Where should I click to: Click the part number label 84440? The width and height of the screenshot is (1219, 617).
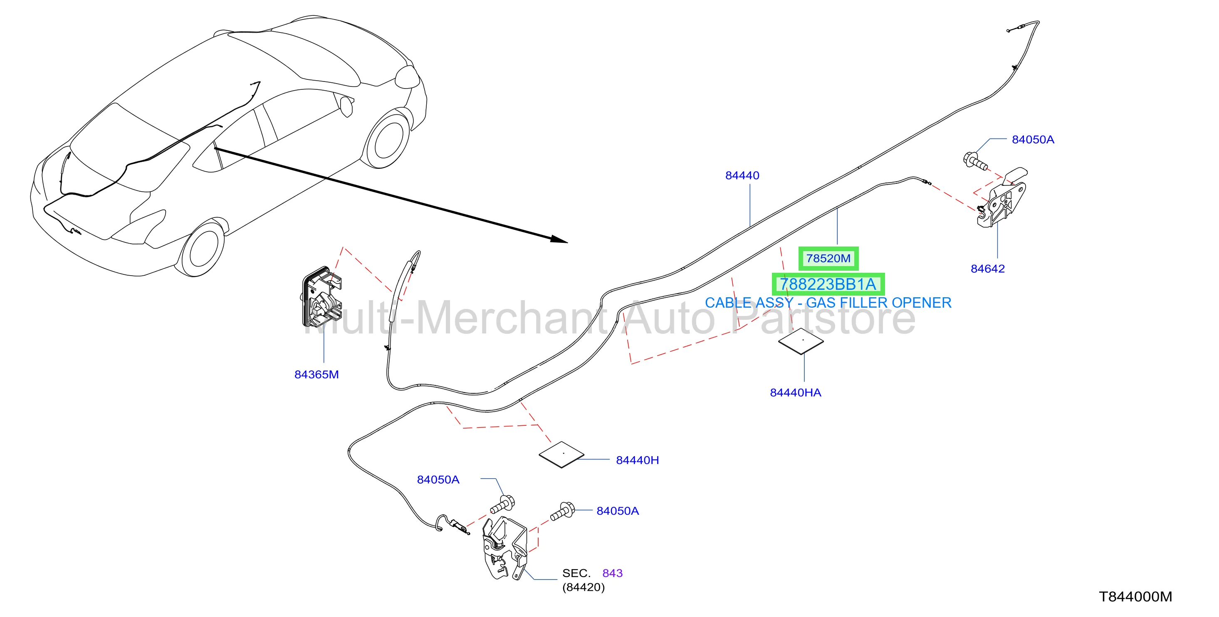pyautogui.click(x=742, y=175)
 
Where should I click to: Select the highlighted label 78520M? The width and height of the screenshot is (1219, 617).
pyautogui.click(x=828, y=258)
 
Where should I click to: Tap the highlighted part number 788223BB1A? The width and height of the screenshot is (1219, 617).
pyautogui.click(x=828, y=284)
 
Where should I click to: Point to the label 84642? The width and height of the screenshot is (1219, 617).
pyautogui.click(x=988, y=269)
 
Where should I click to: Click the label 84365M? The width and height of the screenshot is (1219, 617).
pyautogui.click(x=316, y=375)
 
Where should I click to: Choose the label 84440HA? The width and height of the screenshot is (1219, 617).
pyautogui.click(x=796, y=393)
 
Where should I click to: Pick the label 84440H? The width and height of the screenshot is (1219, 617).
pyautogui.click(x=638, y=460)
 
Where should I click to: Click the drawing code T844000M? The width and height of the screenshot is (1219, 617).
pyautogui.click(x=1135, y=597)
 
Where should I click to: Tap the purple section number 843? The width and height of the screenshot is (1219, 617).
pyautogui.click(x=612, y=573)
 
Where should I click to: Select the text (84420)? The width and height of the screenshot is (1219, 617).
pyautogui.click(x=584, y=587)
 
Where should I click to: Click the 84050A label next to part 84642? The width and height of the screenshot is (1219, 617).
pyautogui.click(x=1033, y=140)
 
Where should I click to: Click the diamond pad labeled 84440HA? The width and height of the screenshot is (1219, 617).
pyautogui.click(x=801, y=341)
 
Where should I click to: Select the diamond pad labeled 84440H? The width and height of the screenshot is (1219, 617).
pyautogui.click(x=562, y=455)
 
